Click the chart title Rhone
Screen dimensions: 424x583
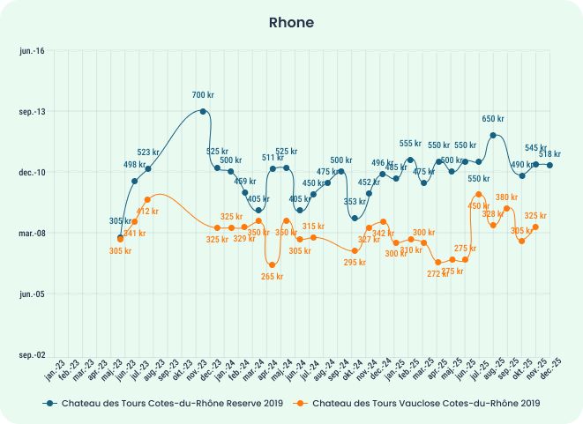291,22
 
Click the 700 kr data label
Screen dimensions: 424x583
204,95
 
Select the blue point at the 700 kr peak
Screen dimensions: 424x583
204,111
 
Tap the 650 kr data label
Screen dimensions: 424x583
493,119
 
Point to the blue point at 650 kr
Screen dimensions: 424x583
493,136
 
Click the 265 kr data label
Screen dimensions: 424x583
273,277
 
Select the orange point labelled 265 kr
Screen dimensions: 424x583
273,265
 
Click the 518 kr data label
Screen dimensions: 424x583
550,154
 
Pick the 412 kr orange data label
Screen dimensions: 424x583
147,212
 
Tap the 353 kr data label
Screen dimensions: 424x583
355,202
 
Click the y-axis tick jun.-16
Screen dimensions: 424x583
32,51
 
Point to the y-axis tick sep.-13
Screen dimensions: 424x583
32,112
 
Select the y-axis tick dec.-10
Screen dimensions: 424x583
32,173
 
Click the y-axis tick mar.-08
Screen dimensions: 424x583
32,234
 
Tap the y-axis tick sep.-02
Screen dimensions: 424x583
32,355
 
